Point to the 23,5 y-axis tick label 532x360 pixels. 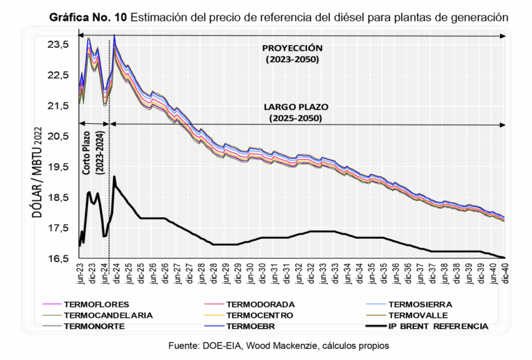(59, 44)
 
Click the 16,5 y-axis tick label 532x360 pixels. (59, 259)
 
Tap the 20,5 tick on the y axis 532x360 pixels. (59, 136)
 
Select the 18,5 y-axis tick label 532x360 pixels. (59, 198)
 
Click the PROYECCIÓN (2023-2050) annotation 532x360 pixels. (293, 54)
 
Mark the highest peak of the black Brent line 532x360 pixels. (114, 177)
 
